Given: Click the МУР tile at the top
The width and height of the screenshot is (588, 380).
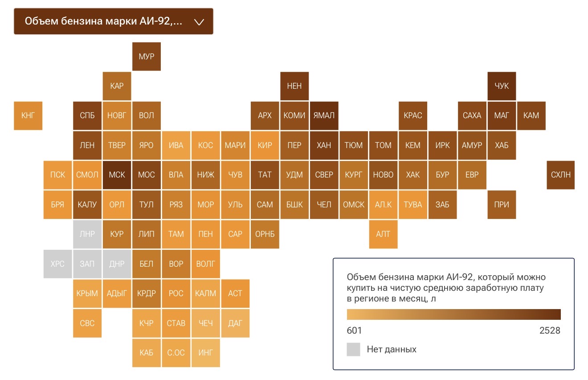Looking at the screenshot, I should [146, 56].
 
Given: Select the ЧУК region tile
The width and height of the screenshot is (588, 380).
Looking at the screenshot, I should [502, 86].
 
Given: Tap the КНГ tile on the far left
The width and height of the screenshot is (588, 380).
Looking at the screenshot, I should [28, 116].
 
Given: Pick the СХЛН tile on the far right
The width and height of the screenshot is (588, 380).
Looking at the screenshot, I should [560, 175].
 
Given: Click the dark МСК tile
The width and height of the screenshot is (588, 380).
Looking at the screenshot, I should [117, 175].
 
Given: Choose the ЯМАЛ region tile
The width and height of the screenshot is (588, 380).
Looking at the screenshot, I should [324, 116].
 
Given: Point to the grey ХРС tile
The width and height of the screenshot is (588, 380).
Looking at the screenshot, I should [57, 264].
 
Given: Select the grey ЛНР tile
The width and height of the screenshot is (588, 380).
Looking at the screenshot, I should [87, 234].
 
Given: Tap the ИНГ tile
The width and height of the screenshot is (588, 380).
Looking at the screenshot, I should [205, 352].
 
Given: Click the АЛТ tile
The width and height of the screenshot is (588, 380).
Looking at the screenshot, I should [383, 234].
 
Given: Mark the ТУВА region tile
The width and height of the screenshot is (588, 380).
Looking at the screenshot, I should [412, 205].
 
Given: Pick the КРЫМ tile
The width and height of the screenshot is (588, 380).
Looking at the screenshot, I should [87, 293].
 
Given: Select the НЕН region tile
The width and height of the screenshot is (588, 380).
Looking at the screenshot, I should [294, 86].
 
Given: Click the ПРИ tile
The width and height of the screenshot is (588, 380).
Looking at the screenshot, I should [502, 205].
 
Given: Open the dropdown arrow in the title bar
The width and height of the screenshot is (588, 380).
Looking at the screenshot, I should [199, 21].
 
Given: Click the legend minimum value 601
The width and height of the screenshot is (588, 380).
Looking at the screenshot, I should [354, 330].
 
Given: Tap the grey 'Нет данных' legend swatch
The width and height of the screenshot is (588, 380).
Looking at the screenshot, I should [353, 349].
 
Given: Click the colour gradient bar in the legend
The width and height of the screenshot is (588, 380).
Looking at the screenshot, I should [453, 314].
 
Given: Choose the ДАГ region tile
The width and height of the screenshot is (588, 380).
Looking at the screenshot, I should [235, 323].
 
